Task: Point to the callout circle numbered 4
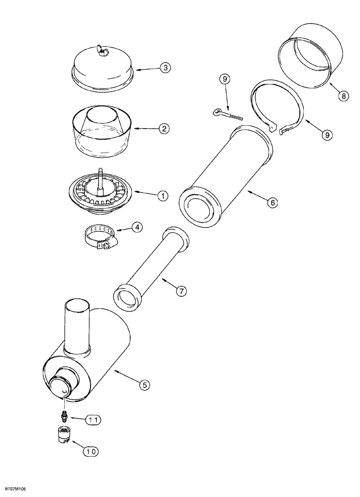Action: [x=137, y=227]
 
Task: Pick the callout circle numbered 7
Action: [x=181, y=291]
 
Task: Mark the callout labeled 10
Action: [x=91, y=452]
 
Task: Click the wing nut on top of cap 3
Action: [x=102, y=50]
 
